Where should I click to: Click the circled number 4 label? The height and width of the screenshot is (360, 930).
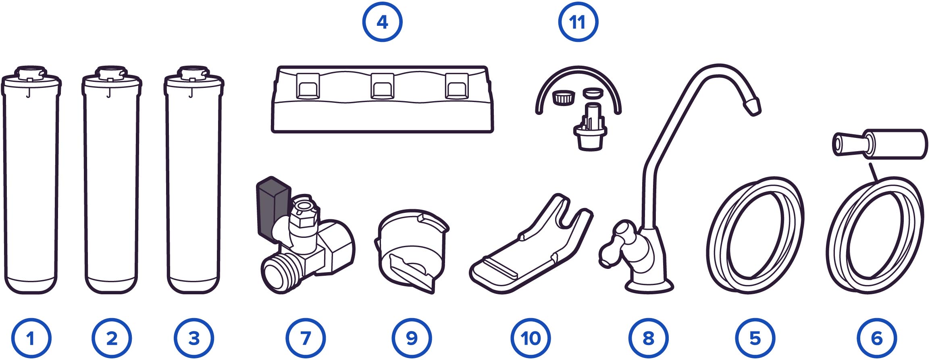click(382, 22)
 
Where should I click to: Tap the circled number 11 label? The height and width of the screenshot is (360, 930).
click(578, 22)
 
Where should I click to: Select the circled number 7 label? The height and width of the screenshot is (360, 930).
click(306, 338)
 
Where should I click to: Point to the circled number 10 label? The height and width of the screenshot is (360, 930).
click(531, 338)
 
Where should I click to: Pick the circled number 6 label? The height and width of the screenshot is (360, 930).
click(877, 338)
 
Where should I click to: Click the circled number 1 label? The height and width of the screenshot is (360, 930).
click(31, 338)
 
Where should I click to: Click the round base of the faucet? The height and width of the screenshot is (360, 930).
click(649, 285)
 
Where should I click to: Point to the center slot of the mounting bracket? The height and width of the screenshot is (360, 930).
click(382, 86)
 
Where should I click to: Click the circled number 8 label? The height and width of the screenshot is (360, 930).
click(649, 338)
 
